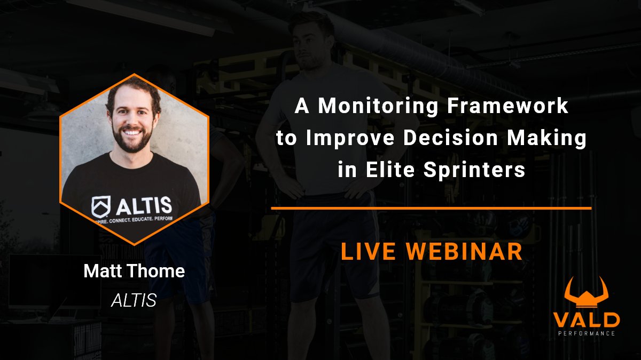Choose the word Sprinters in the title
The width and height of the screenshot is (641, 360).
(474, 170)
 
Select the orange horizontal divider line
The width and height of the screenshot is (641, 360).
(431, 208)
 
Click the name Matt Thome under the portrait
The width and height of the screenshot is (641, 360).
(134, 271)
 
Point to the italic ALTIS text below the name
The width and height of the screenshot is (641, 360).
(134, 301)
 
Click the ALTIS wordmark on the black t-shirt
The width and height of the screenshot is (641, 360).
(144, 204)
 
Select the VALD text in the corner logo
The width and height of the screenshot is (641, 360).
(586, 319)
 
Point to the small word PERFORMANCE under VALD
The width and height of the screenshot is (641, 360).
(586, 333)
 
